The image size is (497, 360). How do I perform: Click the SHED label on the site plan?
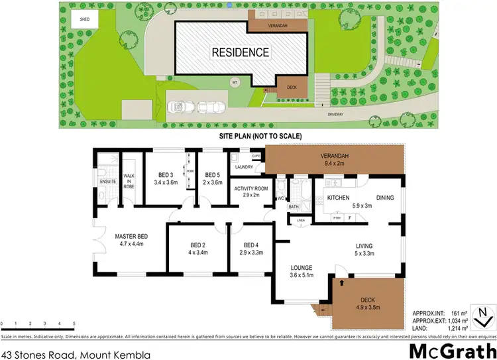click(85, 20)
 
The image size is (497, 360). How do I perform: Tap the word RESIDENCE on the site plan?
click(240, 52)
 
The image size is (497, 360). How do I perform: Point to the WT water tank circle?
click(234, 82)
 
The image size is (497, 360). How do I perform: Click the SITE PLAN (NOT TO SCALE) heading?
click(260, 135)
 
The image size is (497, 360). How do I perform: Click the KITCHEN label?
click(338, 197)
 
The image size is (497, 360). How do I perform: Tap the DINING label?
click(385, 197)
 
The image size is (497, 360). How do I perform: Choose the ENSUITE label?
click(107, 181)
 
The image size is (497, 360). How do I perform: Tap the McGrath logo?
click(451, 349)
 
